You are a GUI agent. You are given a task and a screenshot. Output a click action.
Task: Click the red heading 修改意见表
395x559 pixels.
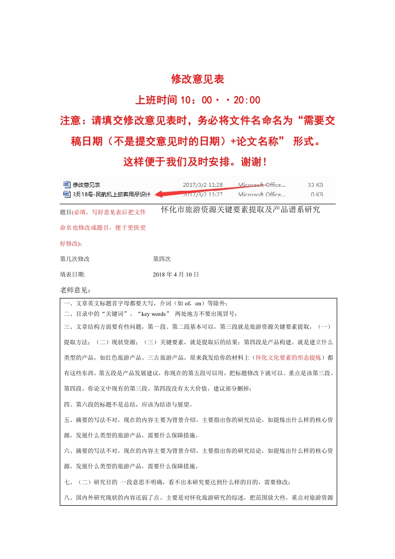(198, 79)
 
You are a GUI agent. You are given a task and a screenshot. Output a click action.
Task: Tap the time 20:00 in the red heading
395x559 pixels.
(247, 100)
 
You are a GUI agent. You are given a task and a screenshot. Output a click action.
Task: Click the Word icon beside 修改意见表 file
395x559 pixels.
(67, 185)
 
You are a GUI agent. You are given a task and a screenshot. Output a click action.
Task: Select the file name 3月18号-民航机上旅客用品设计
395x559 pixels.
(112, 194)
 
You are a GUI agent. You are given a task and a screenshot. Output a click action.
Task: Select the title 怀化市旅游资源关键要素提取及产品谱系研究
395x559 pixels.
(241, 210)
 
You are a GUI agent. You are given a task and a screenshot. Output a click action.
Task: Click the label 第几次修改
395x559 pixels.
(75, 259)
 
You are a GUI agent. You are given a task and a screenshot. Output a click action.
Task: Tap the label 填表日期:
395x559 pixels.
(73, 275)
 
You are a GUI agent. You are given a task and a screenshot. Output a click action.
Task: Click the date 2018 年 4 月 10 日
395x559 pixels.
(176, 275)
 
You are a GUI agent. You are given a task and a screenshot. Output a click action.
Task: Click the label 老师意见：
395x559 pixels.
(75, 290)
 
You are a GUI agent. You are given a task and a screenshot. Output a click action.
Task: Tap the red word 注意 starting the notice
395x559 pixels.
(70, 121)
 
